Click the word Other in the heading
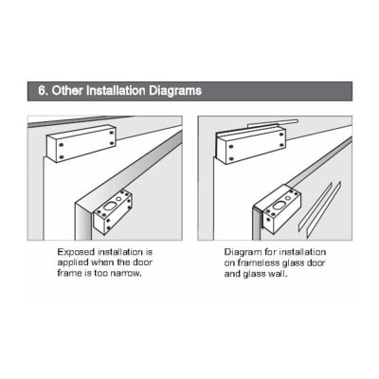[x=67, y=91]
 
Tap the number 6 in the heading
[x=42, y=91]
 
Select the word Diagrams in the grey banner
[x=175, y=91]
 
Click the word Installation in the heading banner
[x=116, y=91]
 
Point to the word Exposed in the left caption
[x=76, y=252]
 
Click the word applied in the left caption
[x=73, y=263]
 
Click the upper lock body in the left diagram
[x=81, y=144]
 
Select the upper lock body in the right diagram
[x=250, y=145]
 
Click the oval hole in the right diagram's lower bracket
[x=279, y=206]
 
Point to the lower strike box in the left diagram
[x=113, y=212]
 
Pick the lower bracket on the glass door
[x=278, y=210]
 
